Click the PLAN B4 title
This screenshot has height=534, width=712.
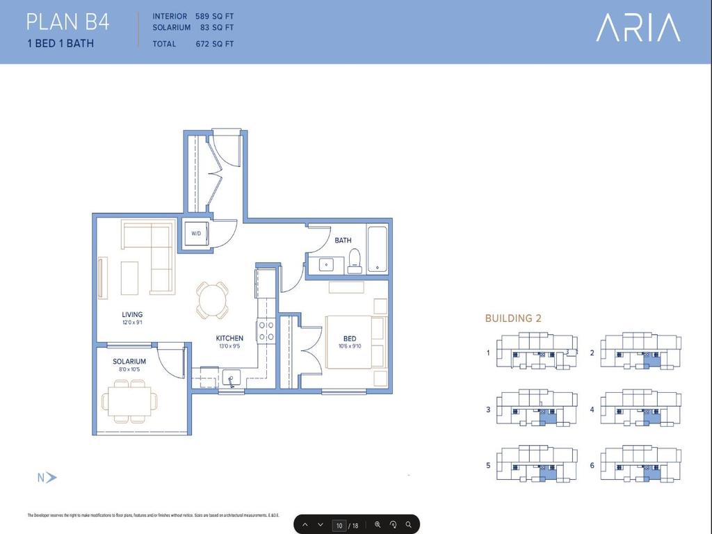click(67, 22)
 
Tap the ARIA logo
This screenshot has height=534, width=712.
click(638, 28)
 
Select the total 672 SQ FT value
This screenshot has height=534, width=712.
click(215, 44)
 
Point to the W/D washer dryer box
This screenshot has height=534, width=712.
click(196, 234)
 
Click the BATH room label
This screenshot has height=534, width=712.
click(343, 241)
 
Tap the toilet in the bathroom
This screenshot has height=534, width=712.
click(355, 259)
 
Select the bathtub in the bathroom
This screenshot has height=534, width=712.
click(378, 248)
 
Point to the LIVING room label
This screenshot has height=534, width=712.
click(132, 314)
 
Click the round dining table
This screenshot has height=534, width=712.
click(212, 299)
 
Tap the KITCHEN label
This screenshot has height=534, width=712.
click(229, 339)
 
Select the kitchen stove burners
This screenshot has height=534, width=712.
click(266, 331)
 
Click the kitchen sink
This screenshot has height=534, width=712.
click(232, 378)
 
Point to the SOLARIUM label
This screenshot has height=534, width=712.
click(129, 362)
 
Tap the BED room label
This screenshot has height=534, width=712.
click(349, 339)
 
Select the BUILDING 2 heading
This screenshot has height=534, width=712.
click(513, 318)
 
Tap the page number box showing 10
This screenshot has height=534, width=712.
click(339, 525)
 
